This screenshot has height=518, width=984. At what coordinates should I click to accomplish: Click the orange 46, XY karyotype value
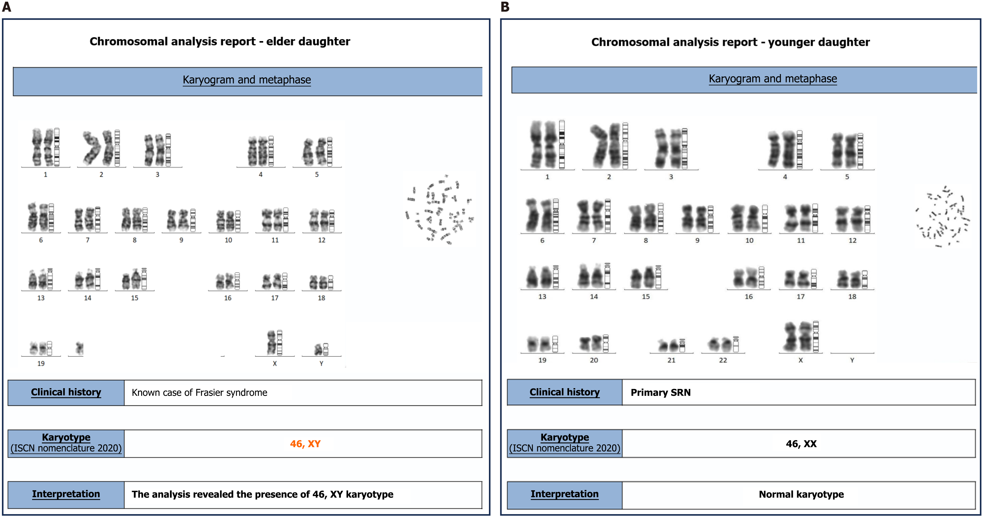pos(305,444)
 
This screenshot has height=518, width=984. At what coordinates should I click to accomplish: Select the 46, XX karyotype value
pos(801,444)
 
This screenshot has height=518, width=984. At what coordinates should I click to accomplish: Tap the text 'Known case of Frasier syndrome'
pos(199,393)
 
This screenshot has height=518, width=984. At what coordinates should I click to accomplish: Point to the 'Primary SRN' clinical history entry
pos(660,393)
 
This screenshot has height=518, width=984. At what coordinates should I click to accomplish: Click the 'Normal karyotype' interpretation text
pos(801,494)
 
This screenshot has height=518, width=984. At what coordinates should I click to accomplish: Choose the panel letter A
pos(6,7)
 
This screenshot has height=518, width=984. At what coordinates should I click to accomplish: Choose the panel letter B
pos(505,7)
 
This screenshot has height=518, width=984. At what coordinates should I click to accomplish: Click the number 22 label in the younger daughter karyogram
pos(723,360)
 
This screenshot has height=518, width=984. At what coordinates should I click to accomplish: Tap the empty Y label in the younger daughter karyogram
pos(852,360)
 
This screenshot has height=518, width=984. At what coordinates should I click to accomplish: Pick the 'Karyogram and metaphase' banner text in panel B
pos(772,79)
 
